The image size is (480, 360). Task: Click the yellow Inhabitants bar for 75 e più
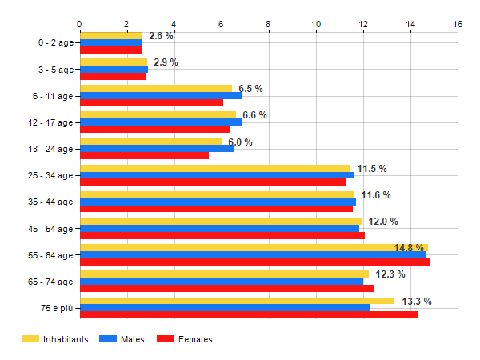[237, 301]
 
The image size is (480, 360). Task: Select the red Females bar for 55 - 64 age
[254, 262]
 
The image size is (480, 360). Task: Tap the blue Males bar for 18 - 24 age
[157, 148]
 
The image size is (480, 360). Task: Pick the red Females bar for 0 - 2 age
[111, 50]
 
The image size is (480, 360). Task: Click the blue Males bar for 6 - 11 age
[160, 95]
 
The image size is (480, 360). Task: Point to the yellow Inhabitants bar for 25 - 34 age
[214, 168]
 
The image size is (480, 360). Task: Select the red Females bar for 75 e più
[249, 314]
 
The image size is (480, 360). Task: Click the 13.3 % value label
[416, 302]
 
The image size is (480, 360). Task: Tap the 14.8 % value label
[409, 248]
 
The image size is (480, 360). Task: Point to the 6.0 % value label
[240, 142]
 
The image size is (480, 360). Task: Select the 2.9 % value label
[166, 62]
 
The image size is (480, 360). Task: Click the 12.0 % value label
[382, 222]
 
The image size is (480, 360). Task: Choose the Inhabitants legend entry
[55, 339]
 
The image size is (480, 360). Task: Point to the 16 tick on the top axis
[458, 25]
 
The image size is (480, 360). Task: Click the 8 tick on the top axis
[269, 25]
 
